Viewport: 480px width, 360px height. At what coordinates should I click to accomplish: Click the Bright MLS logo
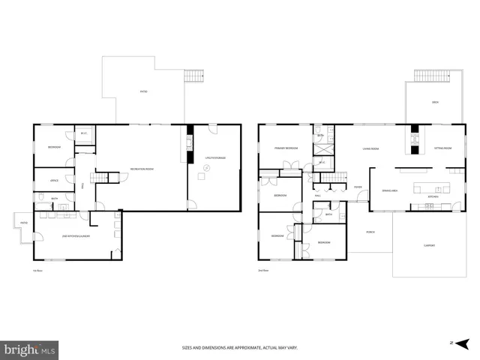(x=30, y=349)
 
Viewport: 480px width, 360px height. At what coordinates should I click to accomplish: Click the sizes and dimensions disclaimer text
(x=239, y=347)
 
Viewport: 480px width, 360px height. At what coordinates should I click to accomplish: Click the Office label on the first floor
(x=54, y=181)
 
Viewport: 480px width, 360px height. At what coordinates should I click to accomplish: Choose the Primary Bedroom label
(x=286, y=148)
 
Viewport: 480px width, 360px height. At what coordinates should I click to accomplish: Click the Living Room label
(x=370, y=148)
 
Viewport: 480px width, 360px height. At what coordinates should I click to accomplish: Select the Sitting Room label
(x=442, y=148)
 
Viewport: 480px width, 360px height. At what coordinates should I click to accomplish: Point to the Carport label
(x=429, y=246)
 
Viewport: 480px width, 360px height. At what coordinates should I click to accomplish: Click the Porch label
(x=370, y=231)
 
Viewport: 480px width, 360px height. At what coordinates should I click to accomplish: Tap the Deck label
(x=435, y=102)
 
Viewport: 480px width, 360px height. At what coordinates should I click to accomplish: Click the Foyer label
(x=358, y=187)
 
